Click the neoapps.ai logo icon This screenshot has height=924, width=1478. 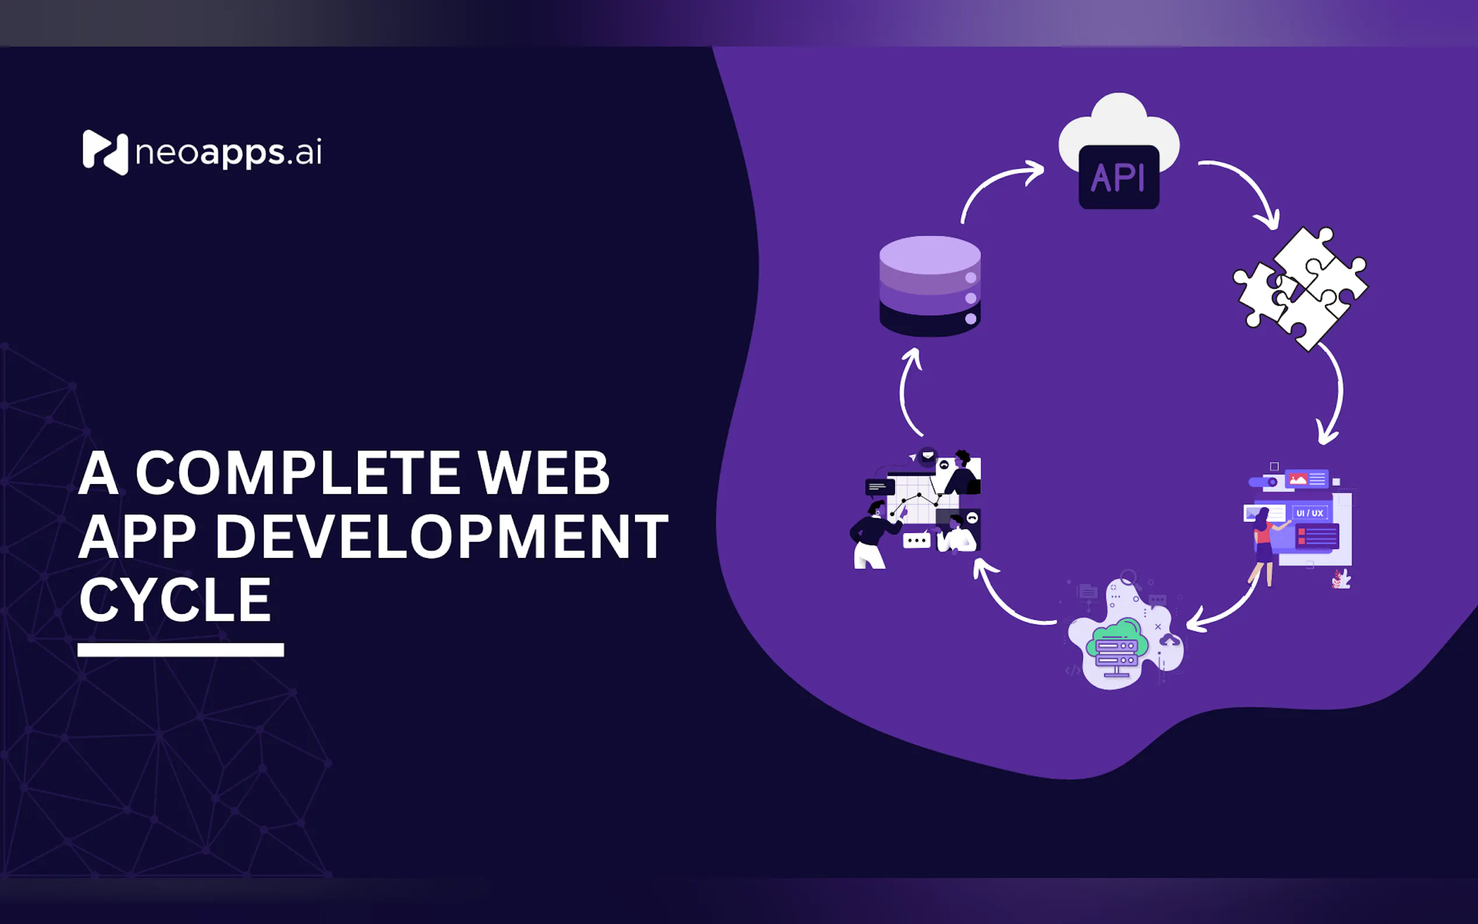105,152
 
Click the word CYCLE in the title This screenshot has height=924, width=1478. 175,600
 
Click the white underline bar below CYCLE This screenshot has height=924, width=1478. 181,649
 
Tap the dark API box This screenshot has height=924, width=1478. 1119,177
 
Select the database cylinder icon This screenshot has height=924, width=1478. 930,286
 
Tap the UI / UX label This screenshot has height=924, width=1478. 1309,513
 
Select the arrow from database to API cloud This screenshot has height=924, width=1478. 996,183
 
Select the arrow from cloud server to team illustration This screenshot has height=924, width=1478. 1008,602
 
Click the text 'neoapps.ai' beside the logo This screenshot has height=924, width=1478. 229,153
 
